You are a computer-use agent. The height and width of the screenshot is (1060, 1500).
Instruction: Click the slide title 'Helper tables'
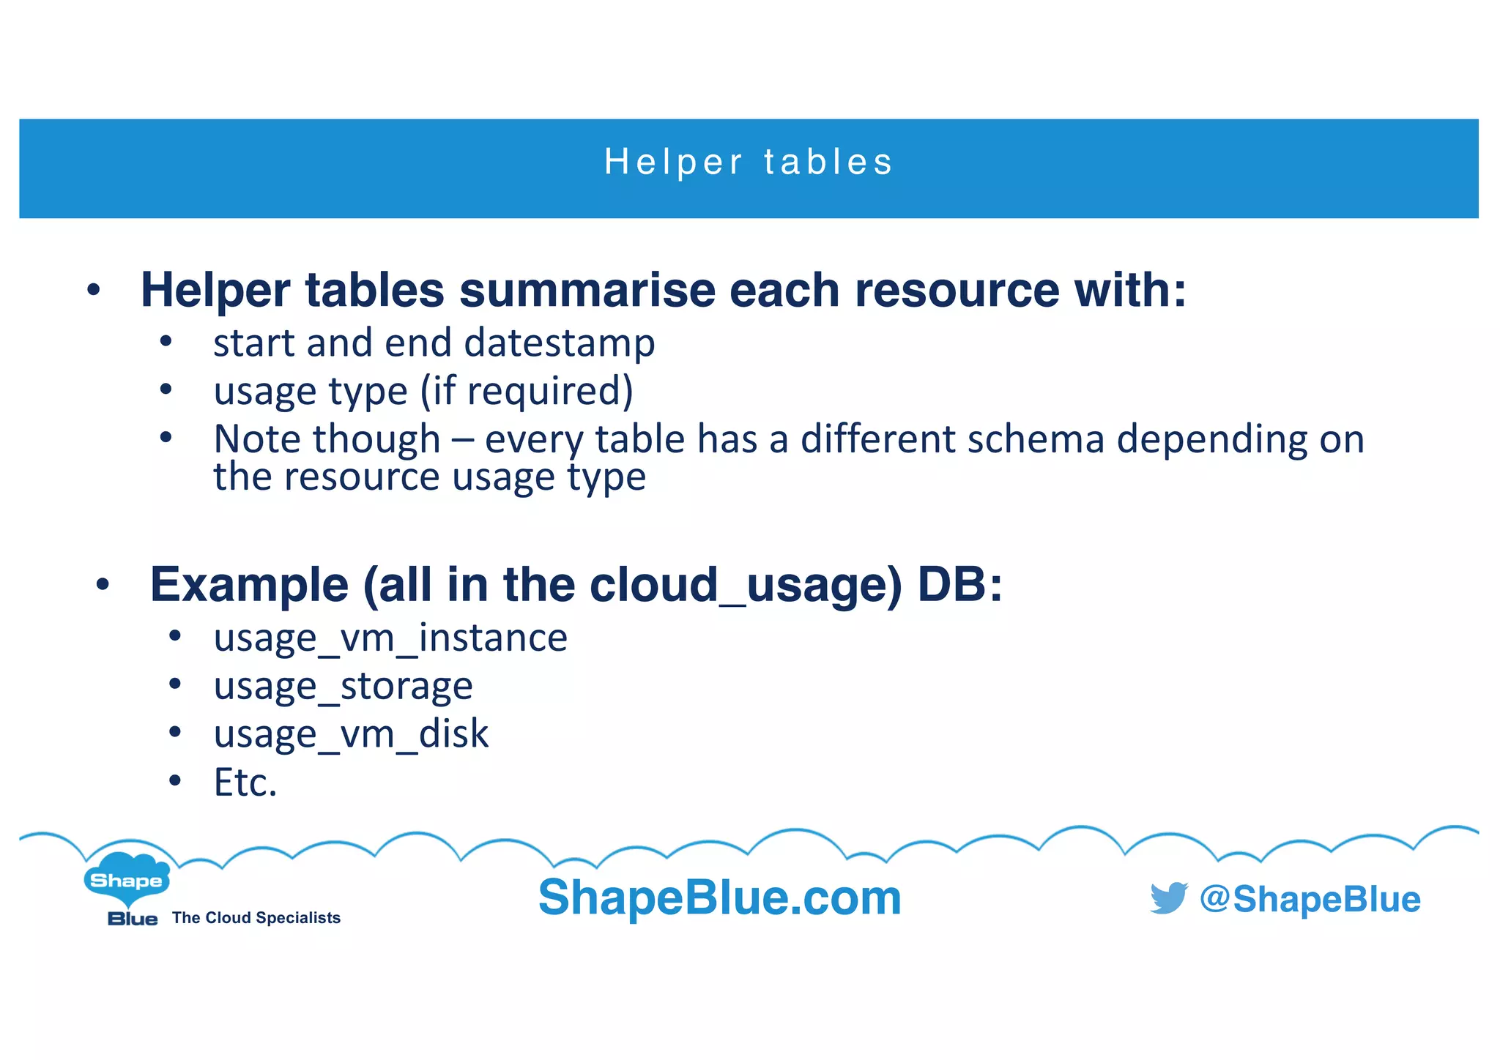point(749,162)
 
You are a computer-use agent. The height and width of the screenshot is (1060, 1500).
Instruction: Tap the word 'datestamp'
point(559,343)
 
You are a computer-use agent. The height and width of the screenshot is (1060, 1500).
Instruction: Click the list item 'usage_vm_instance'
point(390,638)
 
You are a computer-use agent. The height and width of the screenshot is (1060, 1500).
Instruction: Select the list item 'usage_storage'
point(343,687)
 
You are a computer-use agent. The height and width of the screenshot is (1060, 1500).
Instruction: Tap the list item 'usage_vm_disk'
point(351,734)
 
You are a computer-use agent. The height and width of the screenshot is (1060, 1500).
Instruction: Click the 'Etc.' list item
point(245,783)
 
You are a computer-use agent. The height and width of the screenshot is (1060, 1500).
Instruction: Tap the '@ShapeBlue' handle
point(1310,899)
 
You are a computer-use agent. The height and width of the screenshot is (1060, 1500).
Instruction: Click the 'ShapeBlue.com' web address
point(719,897)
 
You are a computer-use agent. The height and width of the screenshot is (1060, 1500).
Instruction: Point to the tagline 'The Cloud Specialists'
point(256,918)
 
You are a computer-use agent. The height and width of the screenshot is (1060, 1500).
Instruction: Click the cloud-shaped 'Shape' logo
point(127,878)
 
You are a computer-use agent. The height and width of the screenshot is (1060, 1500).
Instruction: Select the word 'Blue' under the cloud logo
point(133,919)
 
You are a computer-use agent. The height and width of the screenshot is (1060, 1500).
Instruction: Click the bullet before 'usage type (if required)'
point(166,390)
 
